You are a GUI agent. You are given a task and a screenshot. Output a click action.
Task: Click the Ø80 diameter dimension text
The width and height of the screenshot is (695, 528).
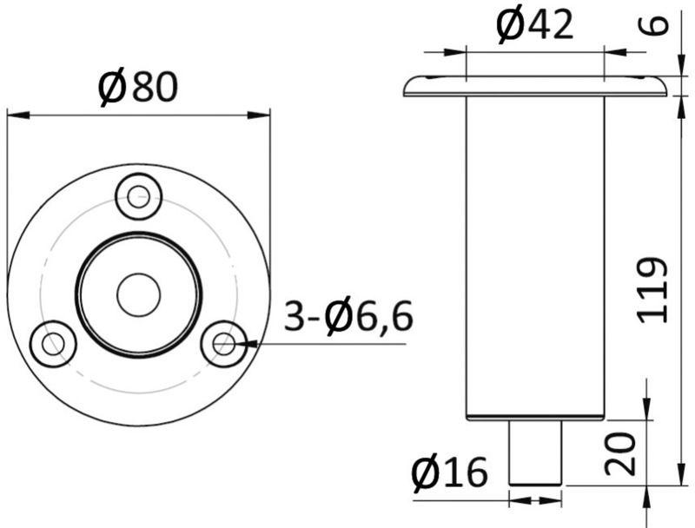139,87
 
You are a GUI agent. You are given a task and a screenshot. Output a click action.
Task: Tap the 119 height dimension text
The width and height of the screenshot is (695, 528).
653,290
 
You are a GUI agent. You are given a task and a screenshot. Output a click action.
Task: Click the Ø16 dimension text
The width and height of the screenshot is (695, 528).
451,472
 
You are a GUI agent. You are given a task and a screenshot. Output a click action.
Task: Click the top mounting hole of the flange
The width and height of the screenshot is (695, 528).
139,197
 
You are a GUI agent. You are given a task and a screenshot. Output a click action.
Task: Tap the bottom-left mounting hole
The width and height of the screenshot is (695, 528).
54,343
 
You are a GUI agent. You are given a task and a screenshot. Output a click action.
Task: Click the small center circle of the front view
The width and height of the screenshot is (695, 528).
139,294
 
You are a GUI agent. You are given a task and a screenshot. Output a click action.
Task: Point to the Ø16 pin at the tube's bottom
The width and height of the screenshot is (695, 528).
535,452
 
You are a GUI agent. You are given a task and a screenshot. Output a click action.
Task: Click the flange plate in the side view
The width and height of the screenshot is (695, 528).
535,86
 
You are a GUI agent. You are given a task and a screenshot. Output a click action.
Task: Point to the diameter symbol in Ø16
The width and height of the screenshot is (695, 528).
425,472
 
